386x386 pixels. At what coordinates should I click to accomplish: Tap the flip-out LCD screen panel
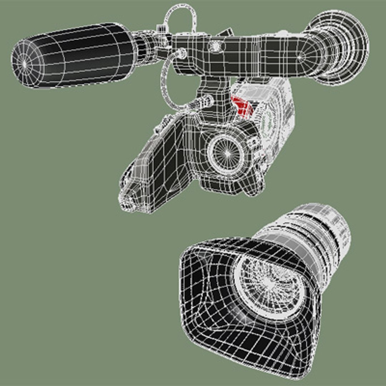pyautogui.click(x=157, y=164)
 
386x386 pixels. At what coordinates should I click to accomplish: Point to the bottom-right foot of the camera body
pyautogui.click(x=256, y=189)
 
